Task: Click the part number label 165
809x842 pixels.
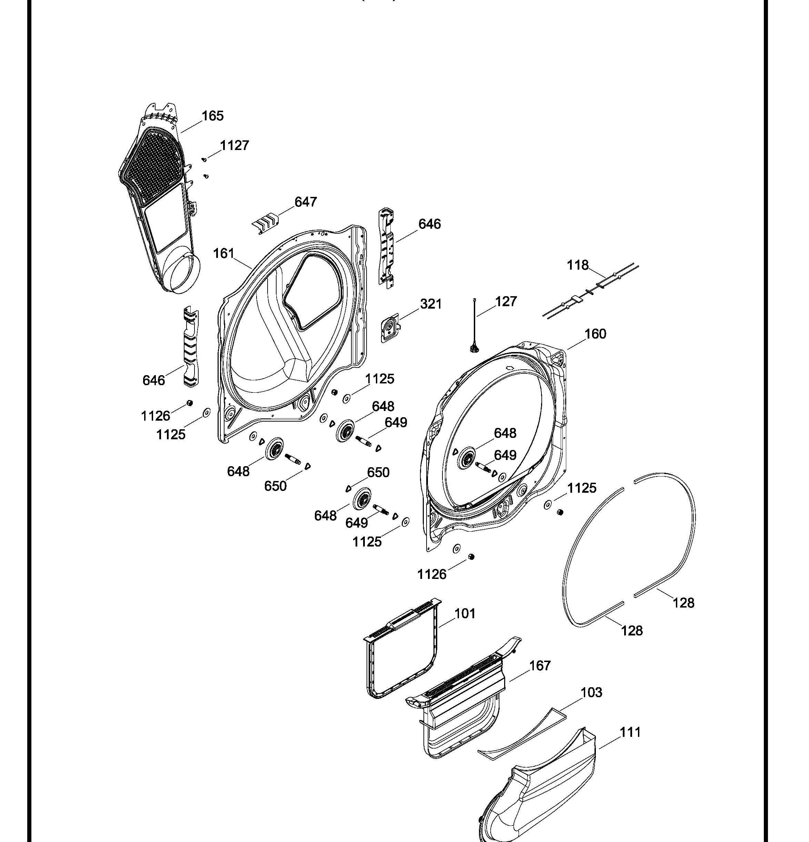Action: pyautogui.click(x=213, y=116)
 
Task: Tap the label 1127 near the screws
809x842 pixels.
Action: pyautogui.click(x=234, y=146)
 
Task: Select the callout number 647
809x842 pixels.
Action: pyautogui.click(x=306, y=202)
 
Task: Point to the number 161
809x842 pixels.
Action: pyautogui.click(x=224, y=253)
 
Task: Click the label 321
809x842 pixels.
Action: pyautogui.click(x=431, y=304)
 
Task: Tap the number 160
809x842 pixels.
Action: pyautogui.click(x=595, y=334)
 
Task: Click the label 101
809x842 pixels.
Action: pyautogui.click(x=465, y=613)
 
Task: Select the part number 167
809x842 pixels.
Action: pyautogui.click(x=540, y=665)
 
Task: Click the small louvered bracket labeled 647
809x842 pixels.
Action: pyautogui.click(x=265, y=223)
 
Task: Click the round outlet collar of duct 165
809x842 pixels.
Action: pyautogui.click(x=183, y=274)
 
